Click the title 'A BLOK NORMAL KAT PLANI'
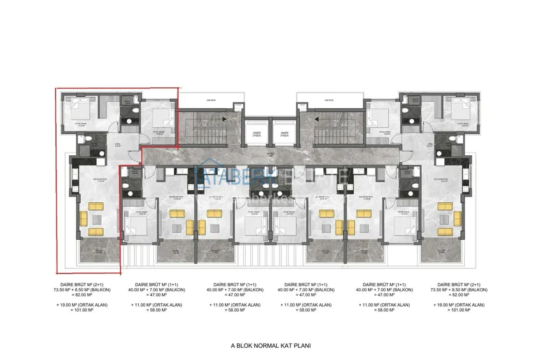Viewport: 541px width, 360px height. coord(270,346)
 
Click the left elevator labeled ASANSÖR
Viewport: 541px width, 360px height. coord(256,135)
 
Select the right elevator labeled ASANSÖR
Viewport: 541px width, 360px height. coord(284,135)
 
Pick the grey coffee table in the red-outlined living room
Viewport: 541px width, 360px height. coord(97,218)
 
